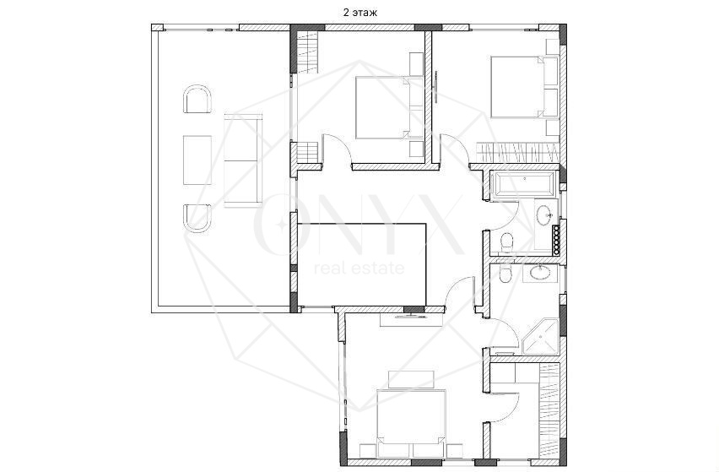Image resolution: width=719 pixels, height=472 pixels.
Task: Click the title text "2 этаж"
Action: [360, 13]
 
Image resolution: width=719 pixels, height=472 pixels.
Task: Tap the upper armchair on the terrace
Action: [197, 99]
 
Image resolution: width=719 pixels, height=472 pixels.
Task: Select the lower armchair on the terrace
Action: [197, 219]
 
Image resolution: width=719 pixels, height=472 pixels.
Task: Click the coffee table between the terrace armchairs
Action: [197, 160]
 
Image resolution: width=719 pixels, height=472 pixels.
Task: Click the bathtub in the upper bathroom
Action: [523, 184]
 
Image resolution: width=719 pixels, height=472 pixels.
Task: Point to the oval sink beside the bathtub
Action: [545, 215]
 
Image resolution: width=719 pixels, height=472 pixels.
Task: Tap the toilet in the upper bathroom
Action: [505, 241]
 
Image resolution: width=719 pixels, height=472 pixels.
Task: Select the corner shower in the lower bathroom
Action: [540, 337]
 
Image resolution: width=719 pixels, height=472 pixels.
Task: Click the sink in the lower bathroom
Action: [540, 273]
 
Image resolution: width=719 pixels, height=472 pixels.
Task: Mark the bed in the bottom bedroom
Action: [411, 424]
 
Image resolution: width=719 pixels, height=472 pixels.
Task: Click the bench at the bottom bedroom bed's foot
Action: [411, 379]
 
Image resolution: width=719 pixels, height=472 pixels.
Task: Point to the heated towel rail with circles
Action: [557, 241]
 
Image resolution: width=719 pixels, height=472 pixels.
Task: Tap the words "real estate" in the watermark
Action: [359, 268]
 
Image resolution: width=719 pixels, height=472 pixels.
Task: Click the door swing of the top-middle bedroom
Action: [338, 149]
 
